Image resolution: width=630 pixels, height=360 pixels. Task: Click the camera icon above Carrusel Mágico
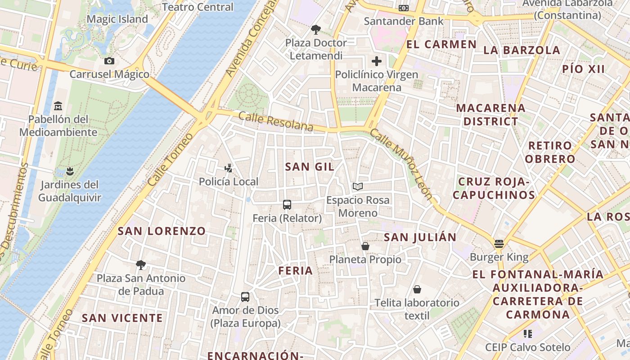tap(109, 61)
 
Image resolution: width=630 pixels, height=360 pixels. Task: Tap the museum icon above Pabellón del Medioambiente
tap(58, 106)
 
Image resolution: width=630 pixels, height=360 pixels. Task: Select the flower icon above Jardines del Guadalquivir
tap(69, 171)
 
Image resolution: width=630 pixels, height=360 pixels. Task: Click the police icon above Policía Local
tap(229, 168)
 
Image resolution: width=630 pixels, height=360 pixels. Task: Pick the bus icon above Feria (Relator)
tap(287, 205)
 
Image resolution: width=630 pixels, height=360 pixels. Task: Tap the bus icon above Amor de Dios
tap(245, 297)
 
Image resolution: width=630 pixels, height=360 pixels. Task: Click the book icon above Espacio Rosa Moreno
tap(358, 186)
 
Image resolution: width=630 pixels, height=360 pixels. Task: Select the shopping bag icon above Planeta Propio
tap(365, 246)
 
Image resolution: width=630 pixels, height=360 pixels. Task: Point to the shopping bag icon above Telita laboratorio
tap(417, 289)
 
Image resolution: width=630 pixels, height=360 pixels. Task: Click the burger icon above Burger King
tap(499, 244)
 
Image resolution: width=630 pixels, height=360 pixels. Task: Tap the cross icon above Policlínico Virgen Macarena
tap(377, 61)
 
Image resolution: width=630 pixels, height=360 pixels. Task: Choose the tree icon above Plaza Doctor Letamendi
tap(316, 30)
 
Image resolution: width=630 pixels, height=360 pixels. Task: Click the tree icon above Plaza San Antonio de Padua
tap(141, 265)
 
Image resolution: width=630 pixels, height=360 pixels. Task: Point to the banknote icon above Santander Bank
tap(404, 8)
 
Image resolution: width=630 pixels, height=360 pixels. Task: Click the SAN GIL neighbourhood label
tap(310, 167)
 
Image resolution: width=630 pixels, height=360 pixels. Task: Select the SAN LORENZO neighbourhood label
tap(162, 231)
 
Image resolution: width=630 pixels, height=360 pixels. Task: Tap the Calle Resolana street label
tap(275, 121)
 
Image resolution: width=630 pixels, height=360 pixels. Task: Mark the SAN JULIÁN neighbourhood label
tap(420, 237)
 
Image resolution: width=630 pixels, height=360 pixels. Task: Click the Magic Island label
tap(117, 19)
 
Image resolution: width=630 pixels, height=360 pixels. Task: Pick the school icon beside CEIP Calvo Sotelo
tap(528, 334)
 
